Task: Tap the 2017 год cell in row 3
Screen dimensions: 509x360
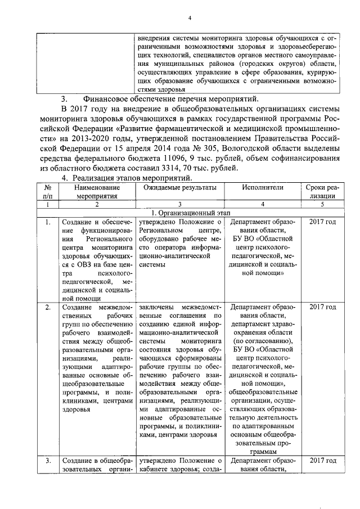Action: (323, 461)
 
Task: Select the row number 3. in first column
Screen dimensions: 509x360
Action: (48, 461)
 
